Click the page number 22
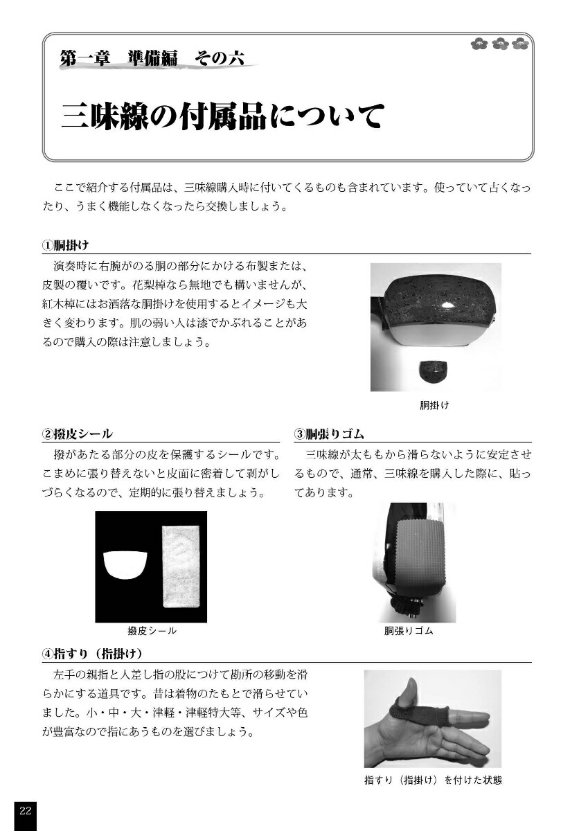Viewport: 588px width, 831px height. point(25,811)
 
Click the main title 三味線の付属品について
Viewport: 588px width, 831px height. point(222,116)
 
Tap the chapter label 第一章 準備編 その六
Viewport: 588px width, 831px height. point(152,59)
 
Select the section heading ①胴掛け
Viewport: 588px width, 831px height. point(65,245)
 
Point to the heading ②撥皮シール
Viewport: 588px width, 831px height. point(77,434)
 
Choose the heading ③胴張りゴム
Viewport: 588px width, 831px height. point(329,434)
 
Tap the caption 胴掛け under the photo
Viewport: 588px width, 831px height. point(434,405)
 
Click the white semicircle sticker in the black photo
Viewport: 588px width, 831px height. point(125,565)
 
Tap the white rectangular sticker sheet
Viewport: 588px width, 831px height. point(181,566)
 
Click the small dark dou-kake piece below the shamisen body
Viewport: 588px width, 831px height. point(432,372)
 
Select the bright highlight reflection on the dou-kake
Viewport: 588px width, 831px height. point(449,305)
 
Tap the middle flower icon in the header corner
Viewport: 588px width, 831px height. point(501,44)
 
